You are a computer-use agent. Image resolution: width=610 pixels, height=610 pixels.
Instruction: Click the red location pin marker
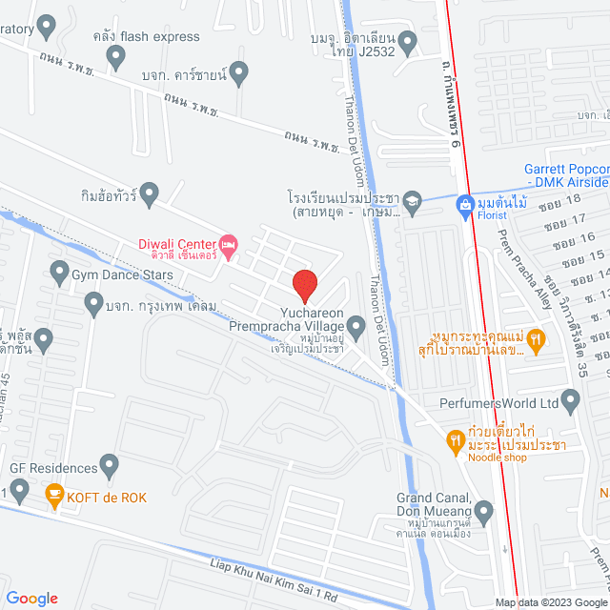coord(304,283)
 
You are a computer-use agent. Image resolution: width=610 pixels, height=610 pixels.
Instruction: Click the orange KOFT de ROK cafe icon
coord(54,494)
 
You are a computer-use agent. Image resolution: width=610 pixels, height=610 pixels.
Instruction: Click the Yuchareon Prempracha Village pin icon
coord(356,330)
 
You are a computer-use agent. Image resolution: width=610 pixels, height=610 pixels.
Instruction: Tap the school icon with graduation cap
coord(411,201)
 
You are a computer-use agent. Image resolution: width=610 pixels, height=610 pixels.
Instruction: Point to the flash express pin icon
coord(116,57)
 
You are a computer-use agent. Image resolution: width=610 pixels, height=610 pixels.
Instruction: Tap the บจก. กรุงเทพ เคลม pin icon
coord(93,305)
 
